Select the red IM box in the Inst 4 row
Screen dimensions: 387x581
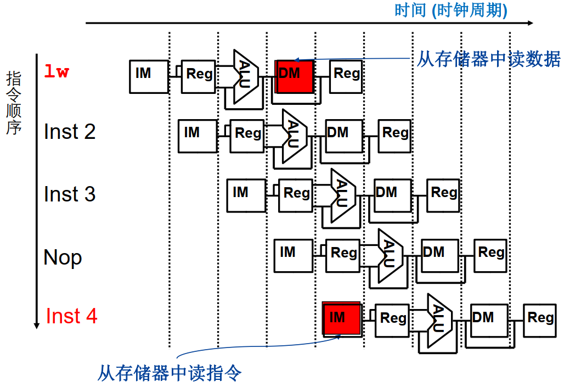pos(341,318)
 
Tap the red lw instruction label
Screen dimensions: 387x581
pos(57,72)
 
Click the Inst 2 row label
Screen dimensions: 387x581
pos(70,132)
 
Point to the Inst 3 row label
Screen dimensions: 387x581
pos(70,194)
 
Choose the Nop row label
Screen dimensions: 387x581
pos(63,257)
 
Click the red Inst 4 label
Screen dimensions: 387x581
pos(71,316)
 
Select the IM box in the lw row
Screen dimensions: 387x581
pos(149,76)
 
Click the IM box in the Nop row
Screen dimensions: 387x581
pos(294,256)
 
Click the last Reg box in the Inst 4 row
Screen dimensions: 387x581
pos(540,320)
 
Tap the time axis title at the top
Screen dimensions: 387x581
pos(450,10)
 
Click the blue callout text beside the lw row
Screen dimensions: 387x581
pos(488,59)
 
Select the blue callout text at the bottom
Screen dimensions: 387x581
pos(170,374)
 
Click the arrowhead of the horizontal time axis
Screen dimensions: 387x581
pos(530,23)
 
